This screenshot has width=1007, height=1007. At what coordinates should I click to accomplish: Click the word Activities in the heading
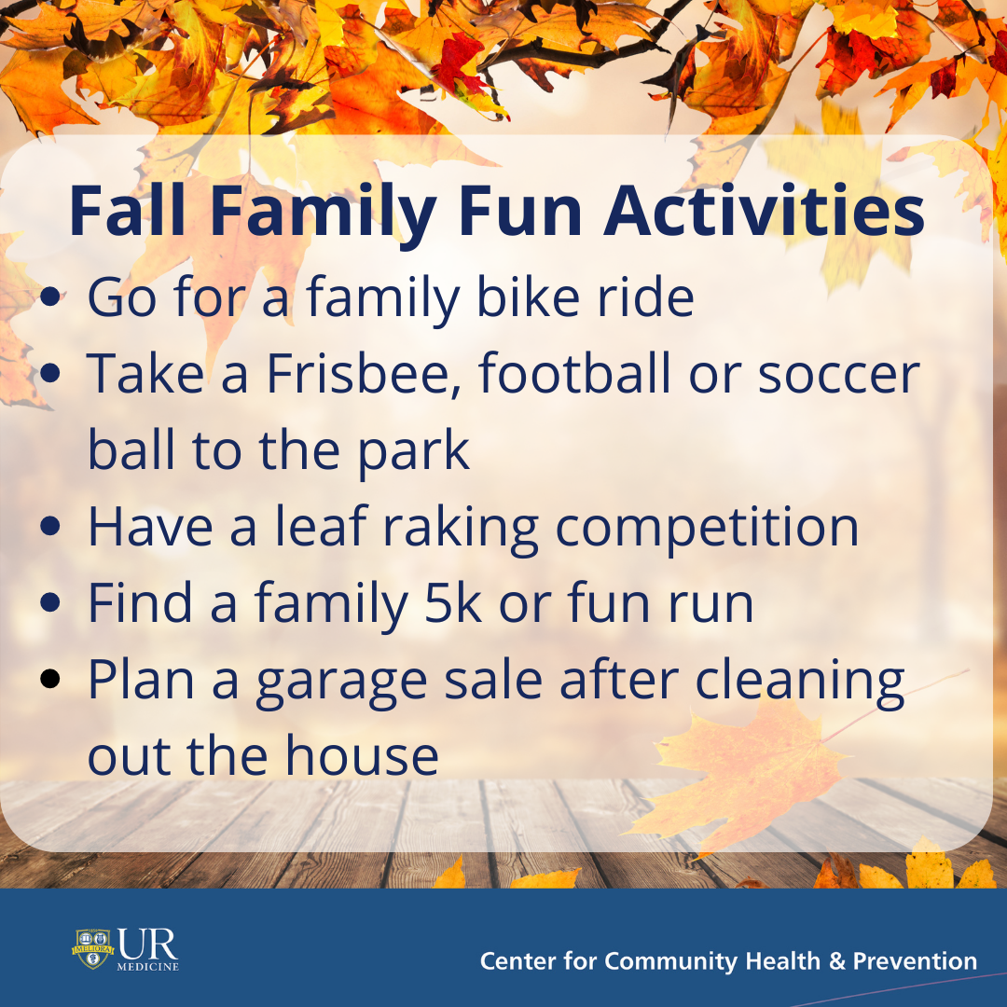click(765, 211)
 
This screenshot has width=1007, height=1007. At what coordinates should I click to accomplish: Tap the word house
click(362, 755)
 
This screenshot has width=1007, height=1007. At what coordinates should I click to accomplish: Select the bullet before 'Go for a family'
click(50, 297)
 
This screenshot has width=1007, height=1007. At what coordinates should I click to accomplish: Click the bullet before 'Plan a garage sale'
click(50, 678)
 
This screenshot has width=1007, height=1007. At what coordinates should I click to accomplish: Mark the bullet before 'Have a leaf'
click(50, 526)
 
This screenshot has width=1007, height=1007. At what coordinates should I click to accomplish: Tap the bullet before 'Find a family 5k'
click(50, 601)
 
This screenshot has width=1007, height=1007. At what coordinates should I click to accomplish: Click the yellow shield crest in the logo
click(93, 948)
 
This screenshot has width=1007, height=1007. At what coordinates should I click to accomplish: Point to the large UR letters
click(147, 945)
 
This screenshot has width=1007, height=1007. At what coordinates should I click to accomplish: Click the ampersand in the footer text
click(836, 961)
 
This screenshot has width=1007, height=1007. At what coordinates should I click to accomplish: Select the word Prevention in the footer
click(916, 960)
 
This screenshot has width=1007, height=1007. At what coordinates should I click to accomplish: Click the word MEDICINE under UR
click(147, 966)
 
